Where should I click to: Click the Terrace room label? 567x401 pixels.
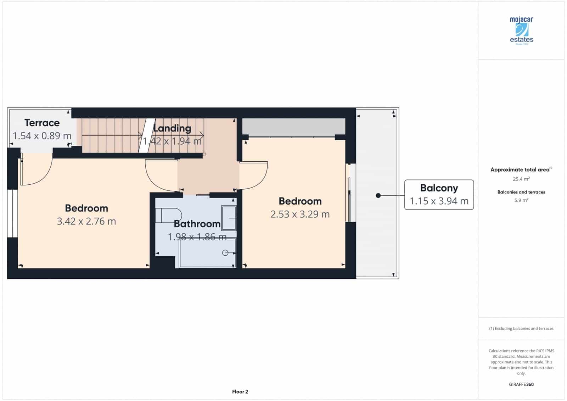[42, 123]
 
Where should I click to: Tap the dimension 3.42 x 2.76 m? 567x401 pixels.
[86, 221]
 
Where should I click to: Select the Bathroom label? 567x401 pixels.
[197, 224]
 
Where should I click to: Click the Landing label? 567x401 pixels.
[172, 128]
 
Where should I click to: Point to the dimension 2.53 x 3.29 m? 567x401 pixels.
[300, 214]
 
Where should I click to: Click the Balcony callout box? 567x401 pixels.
[439, 195]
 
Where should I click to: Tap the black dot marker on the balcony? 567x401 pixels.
[378, 195]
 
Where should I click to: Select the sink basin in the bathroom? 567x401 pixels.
[229, 218]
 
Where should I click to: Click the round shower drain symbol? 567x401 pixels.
[225, 253]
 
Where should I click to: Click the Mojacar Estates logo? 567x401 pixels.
[521, 30]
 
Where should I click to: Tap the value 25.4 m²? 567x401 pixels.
[521, 179]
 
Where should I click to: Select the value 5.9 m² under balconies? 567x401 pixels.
[521, 200]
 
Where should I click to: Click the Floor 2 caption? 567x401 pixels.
[240, 392]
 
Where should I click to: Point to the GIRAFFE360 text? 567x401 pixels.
[521, 384]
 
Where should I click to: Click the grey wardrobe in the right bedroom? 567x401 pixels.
[293, 126]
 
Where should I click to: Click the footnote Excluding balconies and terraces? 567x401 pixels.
[521, 328]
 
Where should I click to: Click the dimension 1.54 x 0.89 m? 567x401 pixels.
[42, 136]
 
